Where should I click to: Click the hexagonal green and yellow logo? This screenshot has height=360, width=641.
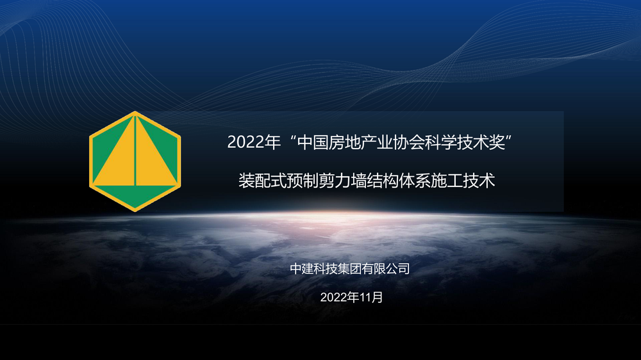(135, 161)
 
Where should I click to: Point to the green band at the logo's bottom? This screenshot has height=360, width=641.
(135, 195)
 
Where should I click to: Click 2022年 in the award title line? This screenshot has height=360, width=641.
(254, 142)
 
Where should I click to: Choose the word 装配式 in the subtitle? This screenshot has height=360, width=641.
(262, 181)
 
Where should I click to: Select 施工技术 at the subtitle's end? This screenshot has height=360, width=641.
(463, 181)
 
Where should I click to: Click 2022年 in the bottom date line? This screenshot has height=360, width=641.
(340, 297)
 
